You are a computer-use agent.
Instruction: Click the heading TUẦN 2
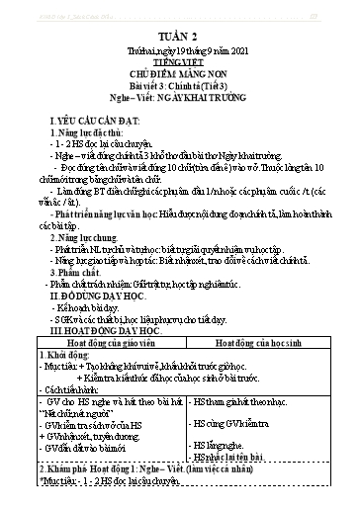pos(179,41)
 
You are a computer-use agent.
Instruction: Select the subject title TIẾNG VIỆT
pos(179,67)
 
